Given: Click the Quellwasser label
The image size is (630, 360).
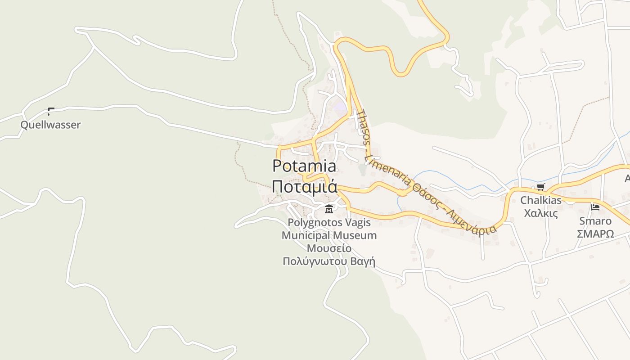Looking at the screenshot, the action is [50, 125].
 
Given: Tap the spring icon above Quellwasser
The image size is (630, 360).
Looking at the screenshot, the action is [51, 111].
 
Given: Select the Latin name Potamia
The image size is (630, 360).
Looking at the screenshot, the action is [304, 166].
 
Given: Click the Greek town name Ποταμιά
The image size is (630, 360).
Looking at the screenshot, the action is [304, 186].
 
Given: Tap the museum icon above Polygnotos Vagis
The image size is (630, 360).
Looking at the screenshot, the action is [329, 209].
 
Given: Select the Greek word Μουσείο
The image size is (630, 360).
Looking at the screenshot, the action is [329, 248].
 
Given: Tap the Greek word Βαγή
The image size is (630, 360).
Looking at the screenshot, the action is [364, 261].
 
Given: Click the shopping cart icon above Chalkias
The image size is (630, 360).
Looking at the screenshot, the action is [540, 187].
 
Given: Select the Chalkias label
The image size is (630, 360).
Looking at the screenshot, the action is [541, 200].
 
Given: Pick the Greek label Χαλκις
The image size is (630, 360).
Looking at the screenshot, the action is [541, 213].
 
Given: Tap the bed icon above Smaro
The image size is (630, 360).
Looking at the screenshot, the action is [595, 207].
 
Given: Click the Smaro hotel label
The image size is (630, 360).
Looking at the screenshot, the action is [595, 221].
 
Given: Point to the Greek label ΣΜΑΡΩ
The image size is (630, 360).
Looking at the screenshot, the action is [595, 234].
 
